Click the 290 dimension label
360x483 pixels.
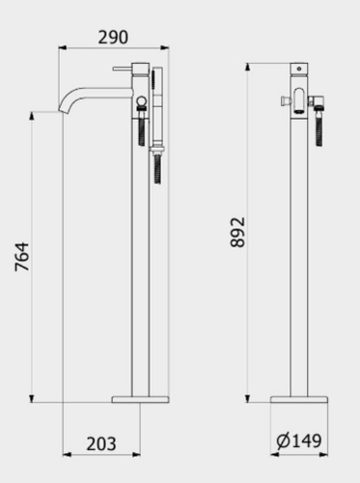pos(113,38)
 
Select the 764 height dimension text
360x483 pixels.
pos(22,257)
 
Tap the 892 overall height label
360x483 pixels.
pos(237,232)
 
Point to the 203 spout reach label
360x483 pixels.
pos(101,443)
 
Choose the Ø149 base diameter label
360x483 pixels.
pos(299,440)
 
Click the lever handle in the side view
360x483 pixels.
pos(123,69)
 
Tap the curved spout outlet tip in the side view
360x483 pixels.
pos(64,109)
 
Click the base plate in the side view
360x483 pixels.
pos(140,399)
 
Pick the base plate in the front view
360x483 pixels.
pos(299,399)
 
